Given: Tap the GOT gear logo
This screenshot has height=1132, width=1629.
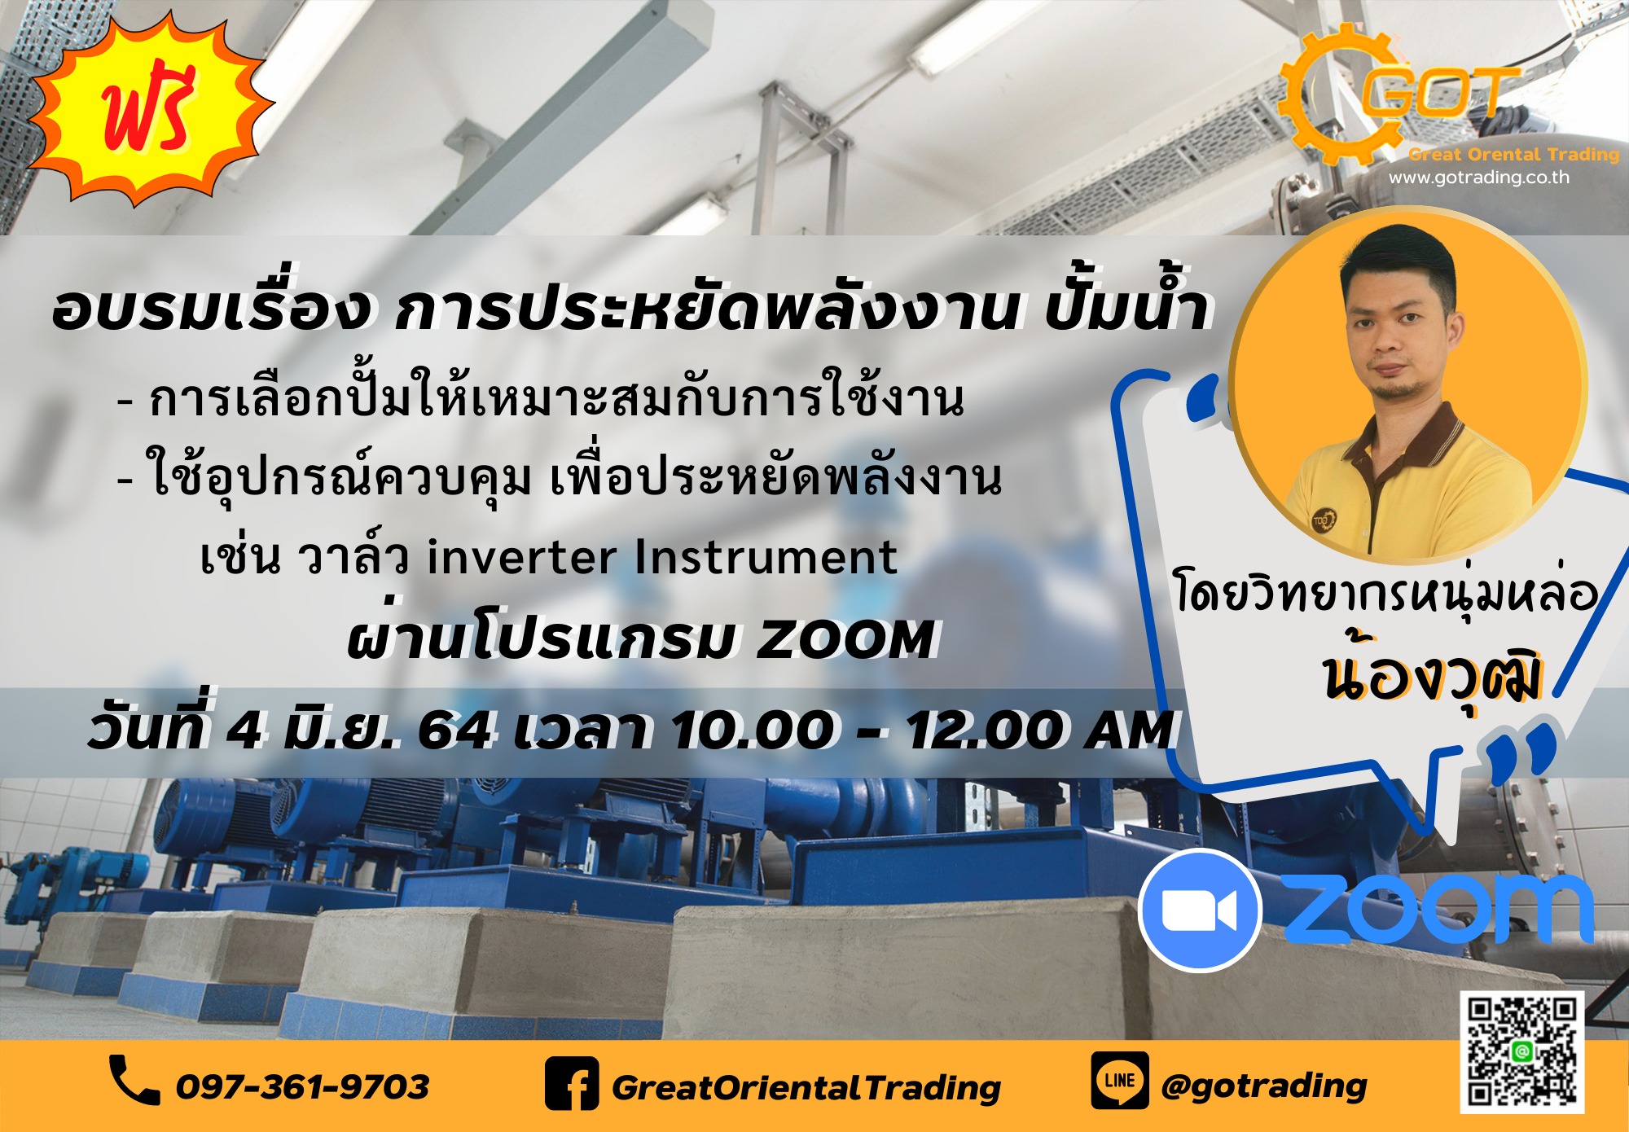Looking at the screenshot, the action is coord(1398,95).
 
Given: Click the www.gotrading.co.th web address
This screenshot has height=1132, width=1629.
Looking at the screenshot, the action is coord(1478,178).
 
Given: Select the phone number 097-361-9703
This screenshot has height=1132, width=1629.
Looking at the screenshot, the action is coord(302,1086).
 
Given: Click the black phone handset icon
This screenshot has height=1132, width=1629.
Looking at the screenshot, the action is coord(134,1080).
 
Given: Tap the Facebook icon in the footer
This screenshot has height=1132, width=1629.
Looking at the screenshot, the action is coord(572,1083).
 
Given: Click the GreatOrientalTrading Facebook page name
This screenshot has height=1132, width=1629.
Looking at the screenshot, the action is coord(806,1087).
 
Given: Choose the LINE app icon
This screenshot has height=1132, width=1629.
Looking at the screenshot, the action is coord(1120,1080).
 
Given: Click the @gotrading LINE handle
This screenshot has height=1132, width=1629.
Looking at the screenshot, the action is coord(1264,1086).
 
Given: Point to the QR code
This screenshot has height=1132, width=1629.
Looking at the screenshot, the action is coord(1521,1051).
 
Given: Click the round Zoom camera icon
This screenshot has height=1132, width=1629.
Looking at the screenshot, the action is coord(1200,910).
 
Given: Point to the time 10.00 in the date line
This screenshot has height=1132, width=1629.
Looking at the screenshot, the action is coord(753,729).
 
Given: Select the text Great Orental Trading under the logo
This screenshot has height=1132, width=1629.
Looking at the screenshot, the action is coord(1513,154).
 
